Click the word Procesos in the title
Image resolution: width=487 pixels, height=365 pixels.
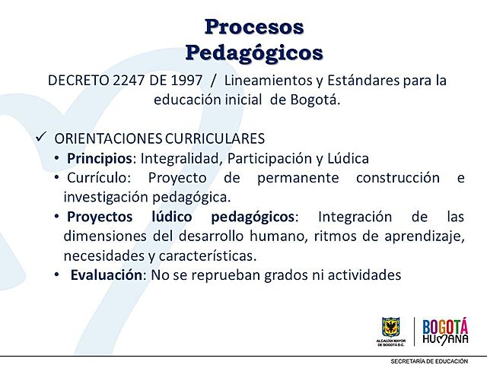(x=254, y=27)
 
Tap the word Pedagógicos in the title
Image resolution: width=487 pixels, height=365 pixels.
(x=254, y=52)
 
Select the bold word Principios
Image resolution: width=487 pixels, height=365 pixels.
(x=100, y=158)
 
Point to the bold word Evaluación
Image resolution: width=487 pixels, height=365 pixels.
(x=107, y=275)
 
